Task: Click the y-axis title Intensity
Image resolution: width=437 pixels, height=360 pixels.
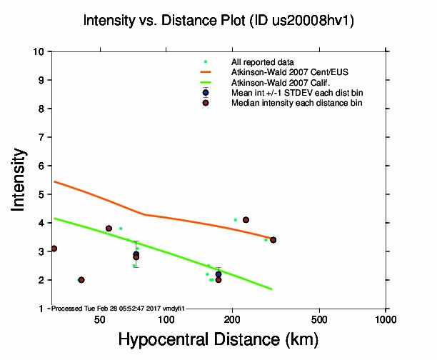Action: click(x=21, y=179)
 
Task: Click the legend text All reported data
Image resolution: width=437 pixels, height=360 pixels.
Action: click(x=263, y=62)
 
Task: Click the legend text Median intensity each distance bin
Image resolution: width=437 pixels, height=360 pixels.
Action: click(x=296, y=103)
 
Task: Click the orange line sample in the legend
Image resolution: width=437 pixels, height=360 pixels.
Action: click(x=206, y=72)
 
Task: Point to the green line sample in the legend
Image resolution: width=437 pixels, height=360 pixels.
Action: click(x=206, y=82)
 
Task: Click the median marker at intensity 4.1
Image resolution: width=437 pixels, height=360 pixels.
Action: click(x=246, y=220)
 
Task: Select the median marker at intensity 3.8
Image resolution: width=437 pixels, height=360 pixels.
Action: click(x=109, y=229)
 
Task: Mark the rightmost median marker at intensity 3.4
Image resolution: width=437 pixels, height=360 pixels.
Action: click(x=273, y=240)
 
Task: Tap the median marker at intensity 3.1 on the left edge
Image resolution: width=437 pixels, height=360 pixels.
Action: click(x=54, y=249)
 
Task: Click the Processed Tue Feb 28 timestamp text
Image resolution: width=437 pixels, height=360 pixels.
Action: click(x=119, y=308)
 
